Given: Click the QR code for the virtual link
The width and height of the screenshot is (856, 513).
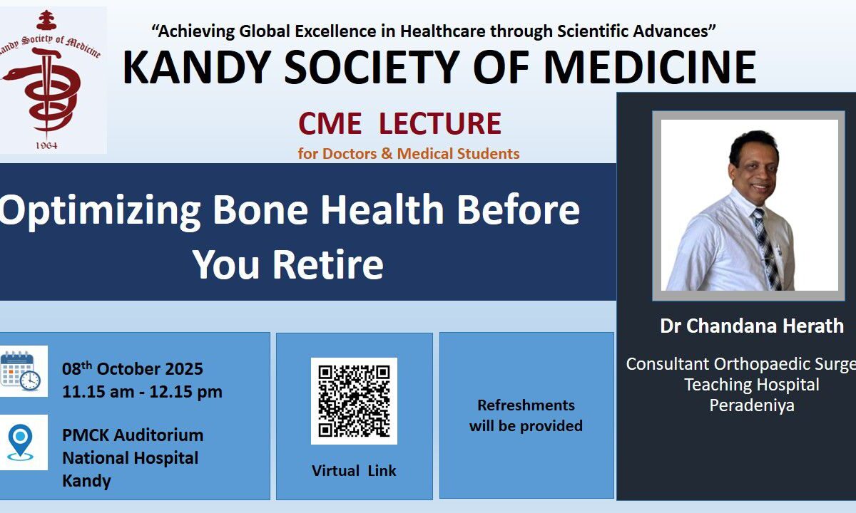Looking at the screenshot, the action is [x=354, y=400].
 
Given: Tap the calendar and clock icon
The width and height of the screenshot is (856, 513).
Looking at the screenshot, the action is [x=21, y=371].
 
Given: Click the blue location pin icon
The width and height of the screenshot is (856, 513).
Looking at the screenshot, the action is [x=20, y=442].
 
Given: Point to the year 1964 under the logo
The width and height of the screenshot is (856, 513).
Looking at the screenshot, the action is [x=46, y=145].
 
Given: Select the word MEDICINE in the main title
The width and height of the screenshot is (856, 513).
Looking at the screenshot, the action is [x=650, y=67].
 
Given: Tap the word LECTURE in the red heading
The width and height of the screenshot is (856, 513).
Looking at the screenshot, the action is [x=440, y=123].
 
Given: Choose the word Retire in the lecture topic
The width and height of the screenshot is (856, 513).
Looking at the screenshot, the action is [x=328, y=264].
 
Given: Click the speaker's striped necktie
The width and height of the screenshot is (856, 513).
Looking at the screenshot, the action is [x=768, y=249].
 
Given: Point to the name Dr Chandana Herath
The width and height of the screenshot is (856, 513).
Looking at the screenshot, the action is [x=752, y=326].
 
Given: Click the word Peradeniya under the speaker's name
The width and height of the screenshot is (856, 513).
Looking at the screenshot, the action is [x=752, y=405].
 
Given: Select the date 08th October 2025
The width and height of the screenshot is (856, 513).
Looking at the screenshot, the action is [x=133, y=369].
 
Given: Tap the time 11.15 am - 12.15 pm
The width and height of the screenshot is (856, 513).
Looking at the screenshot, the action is [x=142, y=392].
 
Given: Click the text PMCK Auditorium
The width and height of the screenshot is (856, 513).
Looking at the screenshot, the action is [x=133, y=435].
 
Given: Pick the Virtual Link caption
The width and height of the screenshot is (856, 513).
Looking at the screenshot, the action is [x=354, y=471].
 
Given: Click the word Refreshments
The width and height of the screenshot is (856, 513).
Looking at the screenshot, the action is [x=526, y=405].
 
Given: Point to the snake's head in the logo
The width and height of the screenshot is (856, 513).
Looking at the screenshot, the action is [x=11, y=74].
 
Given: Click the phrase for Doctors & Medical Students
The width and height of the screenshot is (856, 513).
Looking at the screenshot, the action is [x=409, y=154].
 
